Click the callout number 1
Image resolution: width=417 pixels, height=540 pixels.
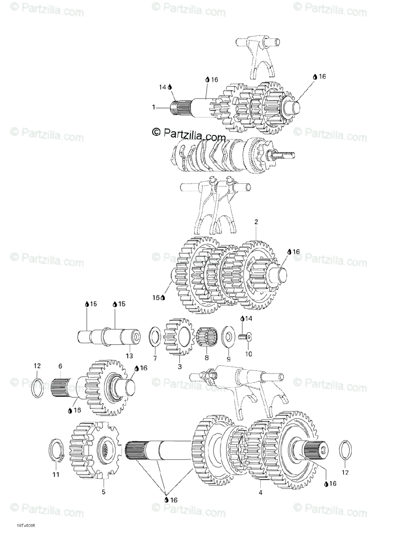click(x=154, y=108)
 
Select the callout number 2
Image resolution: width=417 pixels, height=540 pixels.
click(x=256, y=222)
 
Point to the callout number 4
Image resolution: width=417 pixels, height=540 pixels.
click(x=260, y=492)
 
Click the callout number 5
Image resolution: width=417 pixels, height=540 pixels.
click(x=104, y=492)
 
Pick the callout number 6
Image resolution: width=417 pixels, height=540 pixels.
click(x=60, y=366)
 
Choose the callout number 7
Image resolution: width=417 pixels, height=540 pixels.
click(x=155, y=359)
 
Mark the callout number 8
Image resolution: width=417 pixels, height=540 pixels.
click(x=207, y=358)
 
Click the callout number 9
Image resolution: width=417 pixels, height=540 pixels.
click(x=228, y=359)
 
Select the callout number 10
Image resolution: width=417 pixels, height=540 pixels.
click(x=249, y=354)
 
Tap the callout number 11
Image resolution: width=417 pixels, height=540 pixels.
click(x=55, y=475)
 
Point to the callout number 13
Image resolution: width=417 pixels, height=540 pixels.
click(x=129, y=356)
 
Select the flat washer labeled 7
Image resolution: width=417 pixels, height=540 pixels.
click(x=155, y=337)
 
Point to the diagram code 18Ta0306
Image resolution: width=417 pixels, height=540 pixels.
click(x=27, y=525)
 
